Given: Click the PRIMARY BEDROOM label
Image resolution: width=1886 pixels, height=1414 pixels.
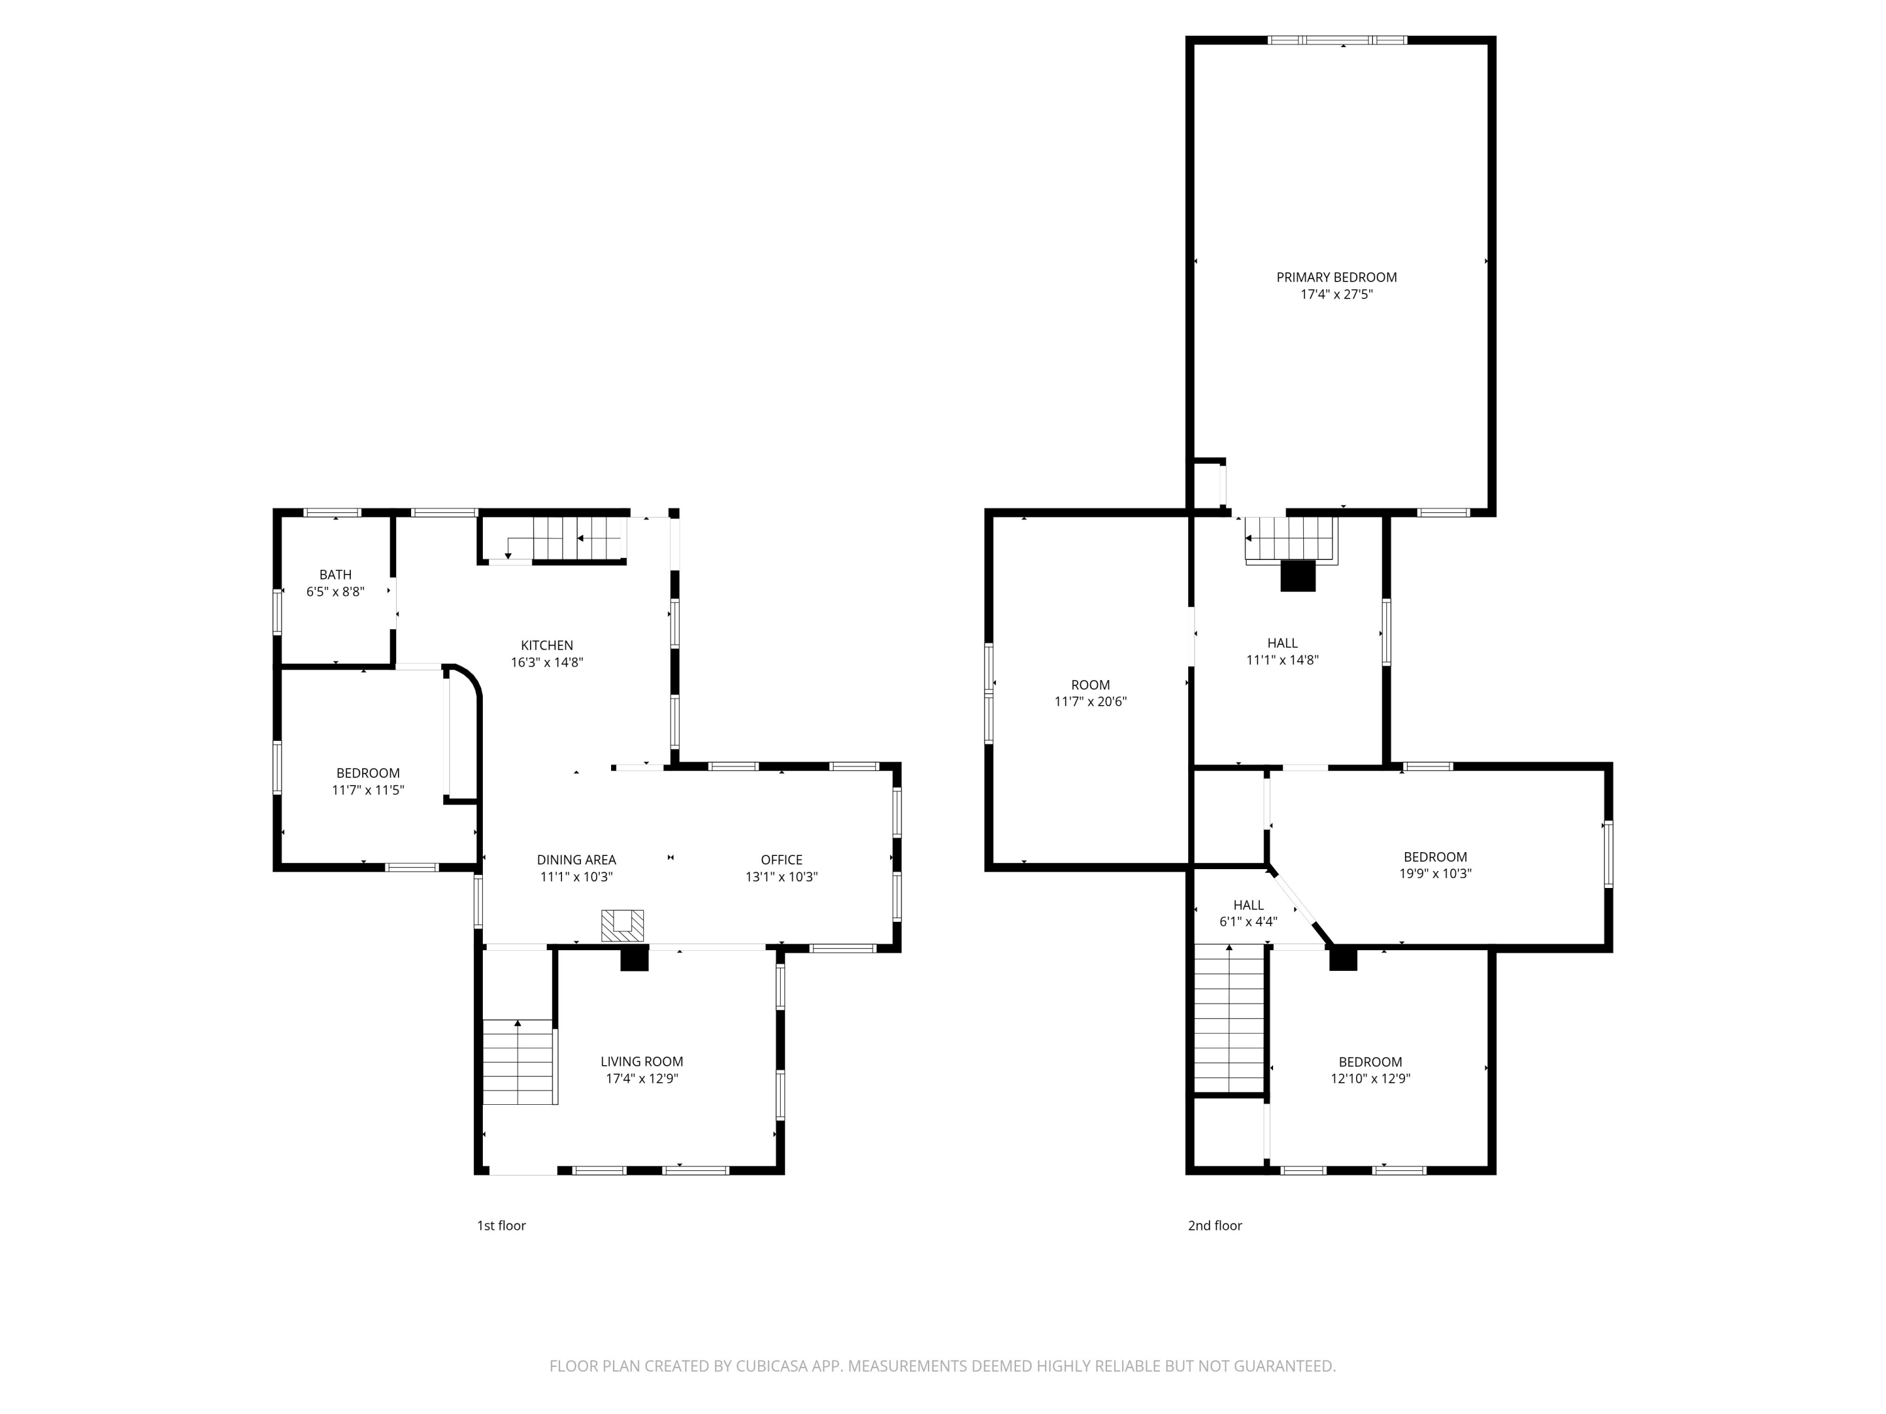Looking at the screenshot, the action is pos(1336,277).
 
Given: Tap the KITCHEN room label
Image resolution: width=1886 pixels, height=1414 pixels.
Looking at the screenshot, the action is pos(546,645).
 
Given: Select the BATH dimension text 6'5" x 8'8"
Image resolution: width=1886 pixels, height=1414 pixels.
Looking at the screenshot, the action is pos(335,591).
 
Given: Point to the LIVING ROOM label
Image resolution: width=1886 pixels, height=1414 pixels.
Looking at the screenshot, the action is pos(641,1061).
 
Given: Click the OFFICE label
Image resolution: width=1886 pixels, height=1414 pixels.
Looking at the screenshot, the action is pos(781,859).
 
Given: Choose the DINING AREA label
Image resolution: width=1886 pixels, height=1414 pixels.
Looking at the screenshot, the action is pos(576,860).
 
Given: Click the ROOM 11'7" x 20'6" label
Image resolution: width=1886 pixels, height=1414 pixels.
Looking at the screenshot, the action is pos(1091,693).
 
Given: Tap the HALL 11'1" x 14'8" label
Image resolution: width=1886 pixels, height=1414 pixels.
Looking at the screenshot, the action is pos(1282,651).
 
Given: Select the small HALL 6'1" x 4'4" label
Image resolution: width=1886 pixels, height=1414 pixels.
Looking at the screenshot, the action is pos(1249,913).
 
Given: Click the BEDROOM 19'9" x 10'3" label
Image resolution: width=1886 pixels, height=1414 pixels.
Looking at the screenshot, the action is pos(1436,865).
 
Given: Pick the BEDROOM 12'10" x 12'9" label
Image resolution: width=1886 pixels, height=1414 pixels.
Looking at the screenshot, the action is pos(1370,1070).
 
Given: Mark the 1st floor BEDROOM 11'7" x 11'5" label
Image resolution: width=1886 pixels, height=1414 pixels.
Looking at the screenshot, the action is pos(368,782).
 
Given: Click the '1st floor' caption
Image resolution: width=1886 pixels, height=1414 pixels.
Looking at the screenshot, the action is pos(501,1225).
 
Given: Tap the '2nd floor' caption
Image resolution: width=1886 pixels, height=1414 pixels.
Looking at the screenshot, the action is pos(1215,1225).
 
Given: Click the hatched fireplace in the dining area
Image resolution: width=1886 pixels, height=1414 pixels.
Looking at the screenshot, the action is pos(622,926).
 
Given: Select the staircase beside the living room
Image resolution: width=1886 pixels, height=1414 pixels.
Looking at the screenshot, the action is pos(519,1061).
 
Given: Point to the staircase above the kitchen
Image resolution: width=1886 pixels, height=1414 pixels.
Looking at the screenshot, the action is pos(555,539).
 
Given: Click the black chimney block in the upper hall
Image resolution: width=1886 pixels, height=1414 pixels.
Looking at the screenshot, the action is pos(1298,577).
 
